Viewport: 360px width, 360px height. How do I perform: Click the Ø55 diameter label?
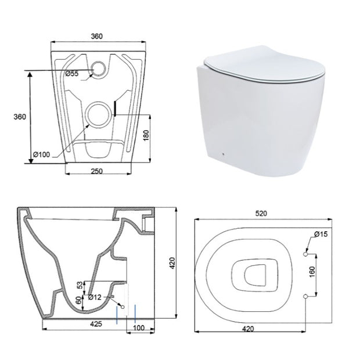click(72, 74)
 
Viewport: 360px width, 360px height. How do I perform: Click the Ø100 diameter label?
click(41, 154)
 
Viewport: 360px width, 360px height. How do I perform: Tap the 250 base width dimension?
click(97, 171)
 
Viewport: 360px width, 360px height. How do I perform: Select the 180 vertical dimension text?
click(146, 135)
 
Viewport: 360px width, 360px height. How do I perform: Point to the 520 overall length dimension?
click(261, 214)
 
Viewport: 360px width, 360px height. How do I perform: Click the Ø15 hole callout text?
click(321, 234)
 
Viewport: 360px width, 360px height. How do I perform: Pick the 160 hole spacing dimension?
click(312, 272)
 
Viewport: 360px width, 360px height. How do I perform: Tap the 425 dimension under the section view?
click(96, 324)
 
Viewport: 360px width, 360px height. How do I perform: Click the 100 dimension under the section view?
click(139, 328)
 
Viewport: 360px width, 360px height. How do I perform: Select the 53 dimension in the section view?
click(80, 285)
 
